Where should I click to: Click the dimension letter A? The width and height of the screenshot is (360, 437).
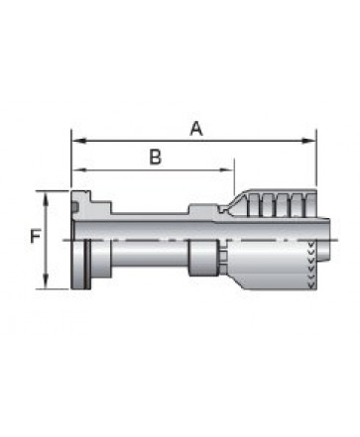tap(196, 129)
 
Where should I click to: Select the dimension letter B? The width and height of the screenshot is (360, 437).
tap(156, 157)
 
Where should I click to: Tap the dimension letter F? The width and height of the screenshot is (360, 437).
tap(36, 236)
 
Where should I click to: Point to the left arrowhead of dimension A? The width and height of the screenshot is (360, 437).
tap(79, 141)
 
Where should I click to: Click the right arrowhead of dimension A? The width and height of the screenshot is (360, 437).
tap(308, 141)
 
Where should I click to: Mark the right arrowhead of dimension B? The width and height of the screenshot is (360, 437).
tap(227, 169)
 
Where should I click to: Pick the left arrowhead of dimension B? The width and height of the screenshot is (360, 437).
tap(79, 169)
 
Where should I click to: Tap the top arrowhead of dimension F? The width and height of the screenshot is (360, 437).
tap(46, 199)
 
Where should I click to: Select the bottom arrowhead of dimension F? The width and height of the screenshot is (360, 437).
tap(46, 281)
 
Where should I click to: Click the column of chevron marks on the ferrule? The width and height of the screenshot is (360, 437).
tap(310, 265)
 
